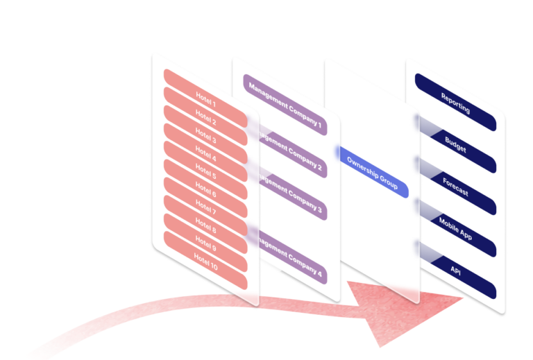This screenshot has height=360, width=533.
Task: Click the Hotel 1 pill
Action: click(205, 105)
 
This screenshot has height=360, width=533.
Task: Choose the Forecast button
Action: click(455, 187)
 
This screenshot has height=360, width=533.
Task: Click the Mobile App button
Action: click(455, 229)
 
